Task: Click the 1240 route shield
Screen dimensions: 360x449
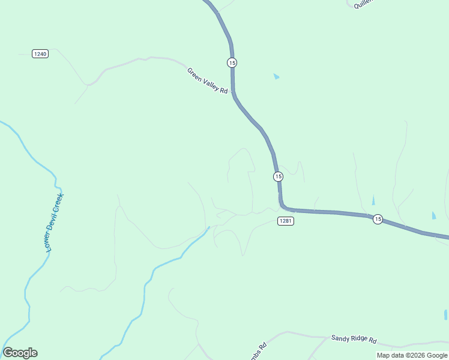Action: [40, 53]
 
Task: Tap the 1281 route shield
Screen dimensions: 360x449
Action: [286, 221]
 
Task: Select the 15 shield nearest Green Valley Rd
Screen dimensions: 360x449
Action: [232, 62]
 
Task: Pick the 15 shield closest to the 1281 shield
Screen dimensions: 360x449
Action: [278, 176]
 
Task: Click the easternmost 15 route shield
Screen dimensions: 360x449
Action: [377, 219]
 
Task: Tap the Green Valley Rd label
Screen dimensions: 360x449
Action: [208, 81]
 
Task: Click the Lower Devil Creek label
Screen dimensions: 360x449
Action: [55, 222]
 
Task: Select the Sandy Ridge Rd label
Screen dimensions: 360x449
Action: [354, 339]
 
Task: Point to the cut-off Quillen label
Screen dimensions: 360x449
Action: [364, 4]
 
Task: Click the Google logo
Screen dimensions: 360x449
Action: [20, 353]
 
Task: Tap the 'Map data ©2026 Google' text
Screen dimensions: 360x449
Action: [412, 355]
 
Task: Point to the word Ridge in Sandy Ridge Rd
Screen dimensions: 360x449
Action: [356, 339]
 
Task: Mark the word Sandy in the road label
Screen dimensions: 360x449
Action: [339, 338]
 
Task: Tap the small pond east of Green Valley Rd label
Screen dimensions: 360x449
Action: [276, 76]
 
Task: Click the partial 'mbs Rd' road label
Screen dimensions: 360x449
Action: [261, 349]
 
